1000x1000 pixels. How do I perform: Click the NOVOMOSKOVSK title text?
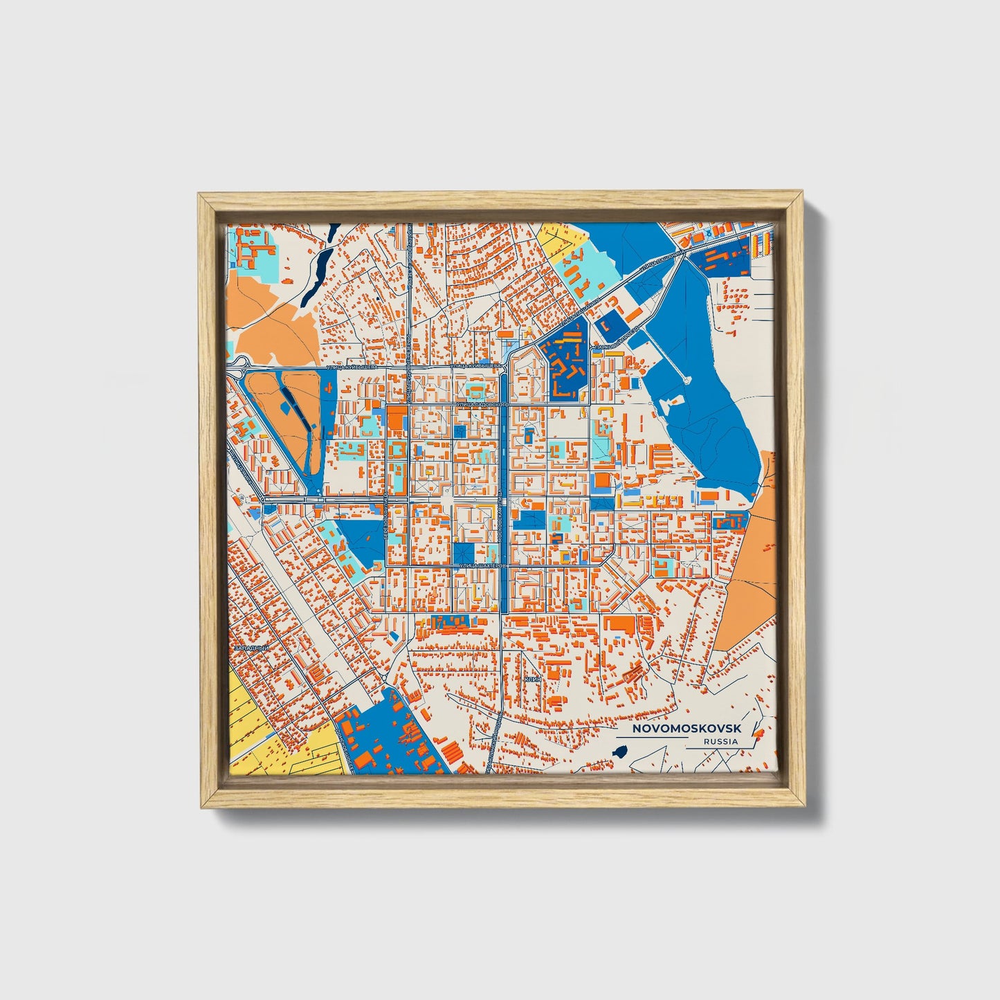click(687, 729)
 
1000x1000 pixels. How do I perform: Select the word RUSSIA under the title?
click(720, 741)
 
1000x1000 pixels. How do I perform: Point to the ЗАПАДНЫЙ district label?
click(250, 648)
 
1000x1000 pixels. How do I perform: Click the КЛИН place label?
click(531, 680)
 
